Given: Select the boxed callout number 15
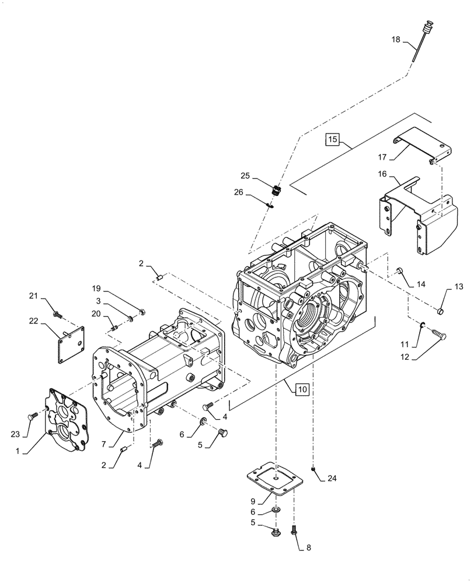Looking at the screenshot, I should (x=332, y=139).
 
